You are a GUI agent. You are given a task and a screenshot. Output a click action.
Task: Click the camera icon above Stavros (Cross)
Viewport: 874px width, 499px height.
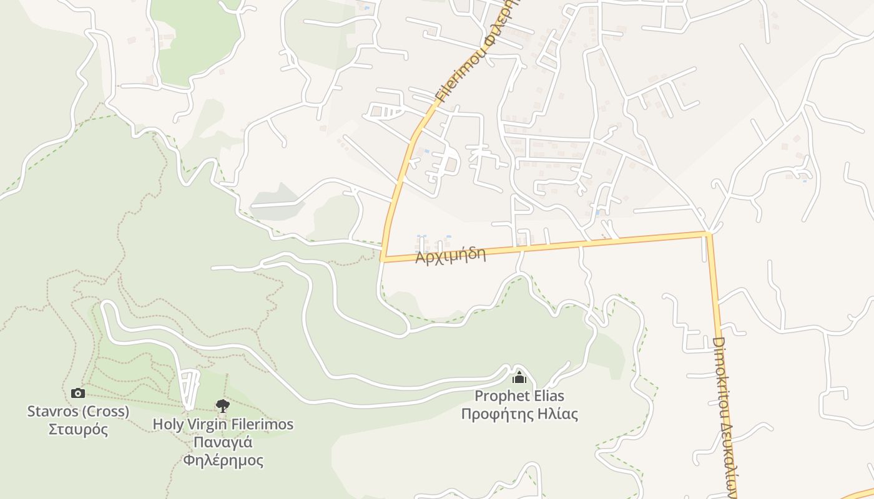(78, 393)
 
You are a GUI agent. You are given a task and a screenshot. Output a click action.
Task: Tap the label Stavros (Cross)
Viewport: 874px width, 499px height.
(78, 412)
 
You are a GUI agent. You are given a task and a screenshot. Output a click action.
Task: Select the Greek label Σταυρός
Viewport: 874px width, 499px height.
(78, 430)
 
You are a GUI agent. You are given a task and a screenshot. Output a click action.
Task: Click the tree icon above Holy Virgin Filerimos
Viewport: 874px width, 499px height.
(222, 406)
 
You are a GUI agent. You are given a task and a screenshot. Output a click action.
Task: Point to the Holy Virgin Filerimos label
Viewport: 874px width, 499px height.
(223, 425)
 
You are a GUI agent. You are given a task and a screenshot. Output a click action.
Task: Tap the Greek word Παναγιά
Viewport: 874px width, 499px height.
(223, 443)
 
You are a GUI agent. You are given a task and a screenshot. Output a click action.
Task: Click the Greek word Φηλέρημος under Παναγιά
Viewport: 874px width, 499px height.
(223, 461)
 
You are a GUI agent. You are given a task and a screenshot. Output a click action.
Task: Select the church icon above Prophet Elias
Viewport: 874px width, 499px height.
(519, 377)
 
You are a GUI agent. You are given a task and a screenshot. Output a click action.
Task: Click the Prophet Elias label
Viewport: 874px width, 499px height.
(519, 396)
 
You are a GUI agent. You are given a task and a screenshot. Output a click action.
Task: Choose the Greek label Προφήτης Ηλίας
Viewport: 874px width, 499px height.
(519, 414)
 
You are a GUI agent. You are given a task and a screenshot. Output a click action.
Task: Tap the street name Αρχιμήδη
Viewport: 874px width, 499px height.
(451, 255)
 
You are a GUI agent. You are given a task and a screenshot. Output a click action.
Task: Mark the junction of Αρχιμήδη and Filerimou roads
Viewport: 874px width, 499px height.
(383, 259)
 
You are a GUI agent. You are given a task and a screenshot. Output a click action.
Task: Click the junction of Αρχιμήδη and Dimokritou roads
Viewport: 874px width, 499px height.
(709, 234)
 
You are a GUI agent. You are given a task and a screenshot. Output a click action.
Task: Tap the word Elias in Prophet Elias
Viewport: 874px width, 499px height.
(549, 396)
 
